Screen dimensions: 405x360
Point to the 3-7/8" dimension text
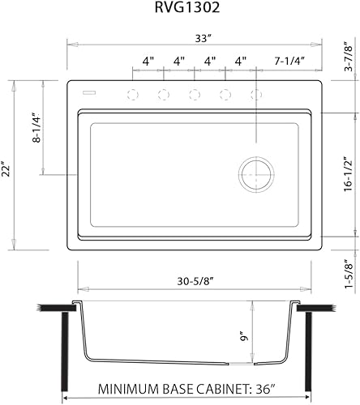(x=349, y=58)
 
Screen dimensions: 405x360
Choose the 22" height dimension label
(x=6, y=168)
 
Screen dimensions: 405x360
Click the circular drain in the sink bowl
(x=255, y=173)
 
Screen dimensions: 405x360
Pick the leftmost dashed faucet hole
(x=132, y=95)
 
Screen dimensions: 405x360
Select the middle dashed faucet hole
(x=195, y=95)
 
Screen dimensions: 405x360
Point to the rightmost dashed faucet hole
(x=257, y=95)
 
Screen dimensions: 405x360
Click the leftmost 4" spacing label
(x=148, y=61)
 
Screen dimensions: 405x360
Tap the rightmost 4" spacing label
(x=241, y=61)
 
